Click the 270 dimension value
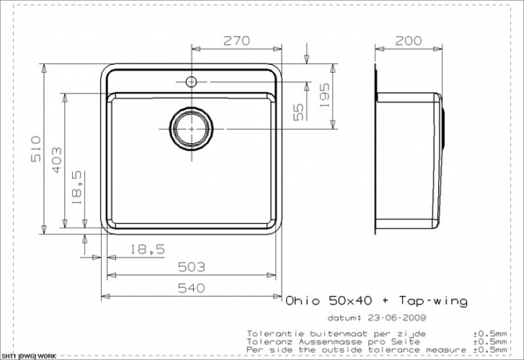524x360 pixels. pyautogui.click(x=236, y=41)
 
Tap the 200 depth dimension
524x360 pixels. pyautogui.click(x=408, y=41)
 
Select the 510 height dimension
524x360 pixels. pyautogui.click(x=36, y=149)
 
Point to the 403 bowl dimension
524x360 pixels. pyautogui.click(x=56, y=160)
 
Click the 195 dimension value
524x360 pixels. pyautogui.click(x=324, y=95)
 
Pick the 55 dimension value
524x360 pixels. pyautogui.click(x=299, y=112)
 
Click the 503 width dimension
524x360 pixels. pyautogui.click(x=191, y=267)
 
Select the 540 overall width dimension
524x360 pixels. pyautogui.click(x=191, y=288)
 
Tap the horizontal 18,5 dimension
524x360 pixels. pyautogui.click(x=147, y=249)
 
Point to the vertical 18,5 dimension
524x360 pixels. pyautogui.click(x=77, y=187)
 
